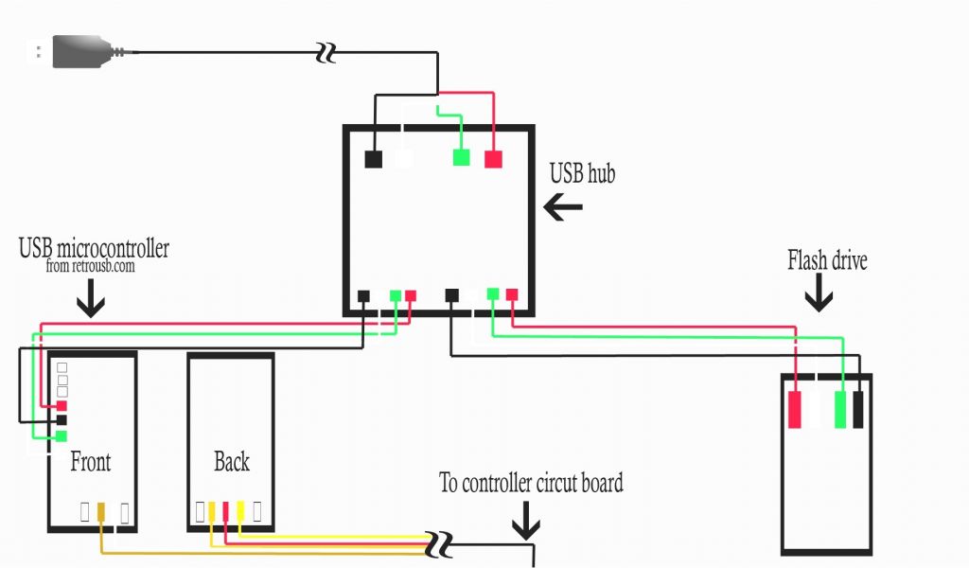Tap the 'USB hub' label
(x=582, y=173)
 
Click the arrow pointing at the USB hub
(x=563, y=208)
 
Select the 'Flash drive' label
(x=827, y=260)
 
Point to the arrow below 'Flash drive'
(x=819, y=296)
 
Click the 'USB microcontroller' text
(x=94, y=249)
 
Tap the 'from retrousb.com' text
(x=91, y=268)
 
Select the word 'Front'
(x=91, y=462)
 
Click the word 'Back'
(x=231, y=462)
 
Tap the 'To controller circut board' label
(x=531, y=483)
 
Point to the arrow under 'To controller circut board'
(x=526, y=524)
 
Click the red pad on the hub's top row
(x=493, y=159)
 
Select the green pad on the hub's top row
(x=461, y=157)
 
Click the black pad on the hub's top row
(x=373, y=159)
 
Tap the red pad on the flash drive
(x=796, y=410)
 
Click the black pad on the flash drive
(x=859, y=410)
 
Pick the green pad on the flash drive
(x=839, y=410)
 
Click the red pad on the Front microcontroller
(x=62, y=405)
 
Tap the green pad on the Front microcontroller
(x=62, y=435)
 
